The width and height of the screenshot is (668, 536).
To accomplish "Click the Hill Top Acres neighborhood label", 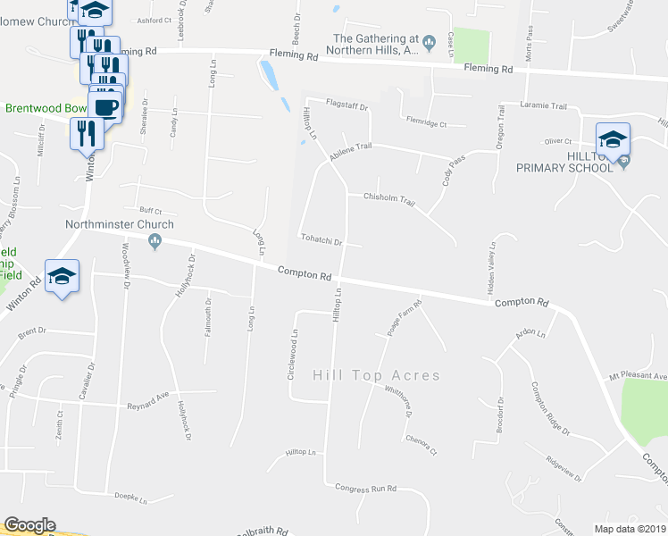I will [x=376, y=375].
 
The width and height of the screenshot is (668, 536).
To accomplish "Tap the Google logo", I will [x=29, y=525].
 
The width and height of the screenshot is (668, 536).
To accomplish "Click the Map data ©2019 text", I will [x=630, y=529].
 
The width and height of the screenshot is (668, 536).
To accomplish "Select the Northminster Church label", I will [x=105, y=226].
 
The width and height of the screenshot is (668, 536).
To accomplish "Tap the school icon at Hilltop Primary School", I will [x=613, y=139].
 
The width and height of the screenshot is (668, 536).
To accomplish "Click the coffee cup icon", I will [x=106, y=106].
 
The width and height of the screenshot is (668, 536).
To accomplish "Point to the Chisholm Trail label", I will [x=388, y=199].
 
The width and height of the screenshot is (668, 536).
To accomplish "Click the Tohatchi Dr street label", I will [x=322, y=239].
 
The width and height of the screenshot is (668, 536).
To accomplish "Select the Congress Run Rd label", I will [x=364, y=489].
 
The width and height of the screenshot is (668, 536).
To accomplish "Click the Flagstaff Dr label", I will [x=347, y=104].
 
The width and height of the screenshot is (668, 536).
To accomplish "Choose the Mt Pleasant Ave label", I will [x=638, y=376].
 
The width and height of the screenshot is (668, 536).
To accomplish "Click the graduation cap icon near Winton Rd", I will [x=62, y=277].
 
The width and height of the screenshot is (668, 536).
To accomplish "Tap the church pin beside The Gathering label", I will [x=430, y=39].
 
